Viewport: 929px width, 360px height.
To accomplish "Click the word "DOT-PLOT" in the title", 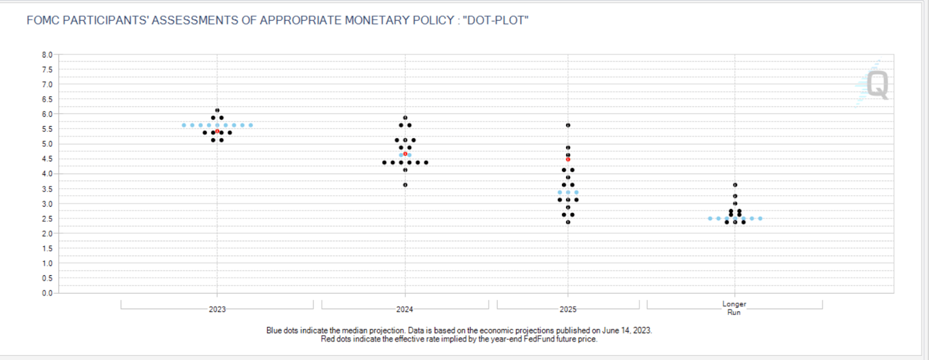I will coord(495,20).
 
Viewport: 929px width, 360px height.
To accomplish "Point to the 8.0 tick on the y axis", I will coord(47,55).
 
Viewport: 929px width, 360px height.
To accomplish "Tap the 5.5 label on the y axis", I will coord(47,129).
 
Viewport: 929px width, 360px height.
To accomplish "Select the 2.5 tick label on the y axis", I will coord(47,219).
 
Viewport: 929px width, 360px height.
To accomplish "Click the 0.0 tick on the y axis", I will coord(47,293).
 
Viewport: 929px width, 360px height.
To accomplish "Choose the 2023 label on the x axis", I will coord(217,309).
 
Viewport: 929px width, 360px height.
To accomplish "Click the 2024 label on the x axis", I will coord(405,309).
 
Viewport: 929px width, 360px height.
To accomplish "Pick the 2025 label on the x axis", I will coord(568,309).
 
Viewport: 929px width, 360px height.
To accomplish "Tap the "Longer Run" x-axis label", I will coord(734,308).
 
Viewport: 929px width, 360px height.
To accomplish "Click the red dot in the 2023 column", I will coord(217,131).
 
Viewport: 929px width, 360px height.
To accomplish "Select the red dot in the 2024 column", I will coord(405,154).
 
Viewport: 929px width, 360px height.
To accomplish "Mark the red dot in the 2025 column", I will coord(568,159).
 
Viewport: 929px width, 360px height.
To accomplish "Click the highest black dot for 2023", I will coord(217,110).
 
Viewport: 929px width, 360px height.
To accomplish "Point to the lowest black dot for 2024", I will coord(405,185).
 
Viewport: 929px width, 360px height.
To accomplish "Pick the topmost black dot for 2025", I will coord(568,125).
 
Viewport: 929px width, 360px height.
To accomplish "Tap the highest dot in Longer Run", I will coord(735,185).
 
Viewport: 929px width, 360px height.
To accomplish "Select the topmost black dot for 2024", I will coord(405,118).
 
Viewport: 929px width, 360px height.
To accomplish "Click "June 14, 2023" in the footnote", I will coord(626,330).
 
